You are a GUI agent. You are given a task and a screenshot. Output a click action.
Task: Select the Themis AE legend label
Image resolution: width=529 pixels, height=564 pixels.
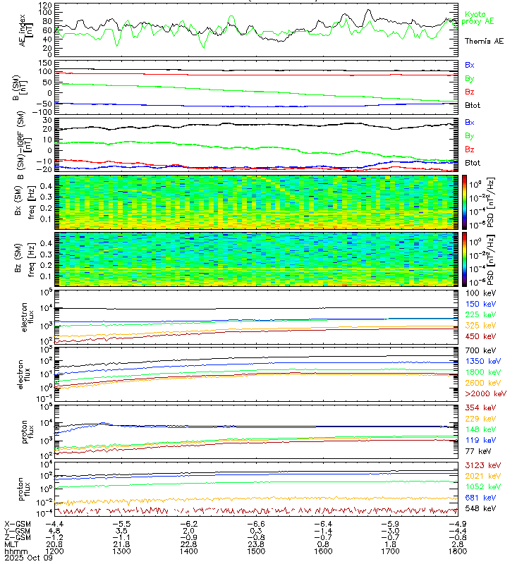click(x=484, y=42)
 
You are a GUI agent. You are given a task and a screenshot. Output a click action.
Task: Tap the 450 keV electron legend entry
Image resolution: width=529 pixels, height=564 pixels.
click(x=478, y=338)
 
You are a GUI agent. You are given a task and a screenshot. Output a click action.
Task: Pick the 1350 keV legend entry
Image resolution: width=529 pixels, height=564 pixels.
click(x=480, y=361)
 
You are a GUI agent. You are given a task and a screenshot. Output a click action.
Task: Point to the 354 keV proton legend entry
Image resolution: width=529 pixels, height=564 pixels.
click(x=478, y=407)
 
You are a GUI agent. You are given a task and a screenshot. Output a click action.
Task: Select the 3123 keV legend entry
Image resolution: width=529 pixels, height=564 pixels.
click(x=480, y=466)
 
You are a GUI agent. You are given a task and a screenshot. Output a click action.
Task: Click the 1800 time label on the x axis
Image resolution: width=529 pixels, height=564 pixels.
click(x=450, y=551)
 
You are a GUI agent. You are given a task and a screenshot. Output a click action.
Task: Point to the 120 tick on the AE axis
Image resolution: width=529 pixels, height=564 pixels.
click(x=44, y=5)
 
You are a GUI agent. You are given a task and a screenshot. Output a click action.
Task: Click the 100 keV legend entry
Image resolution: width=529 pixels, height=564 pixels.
click(x=478, y=292)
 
